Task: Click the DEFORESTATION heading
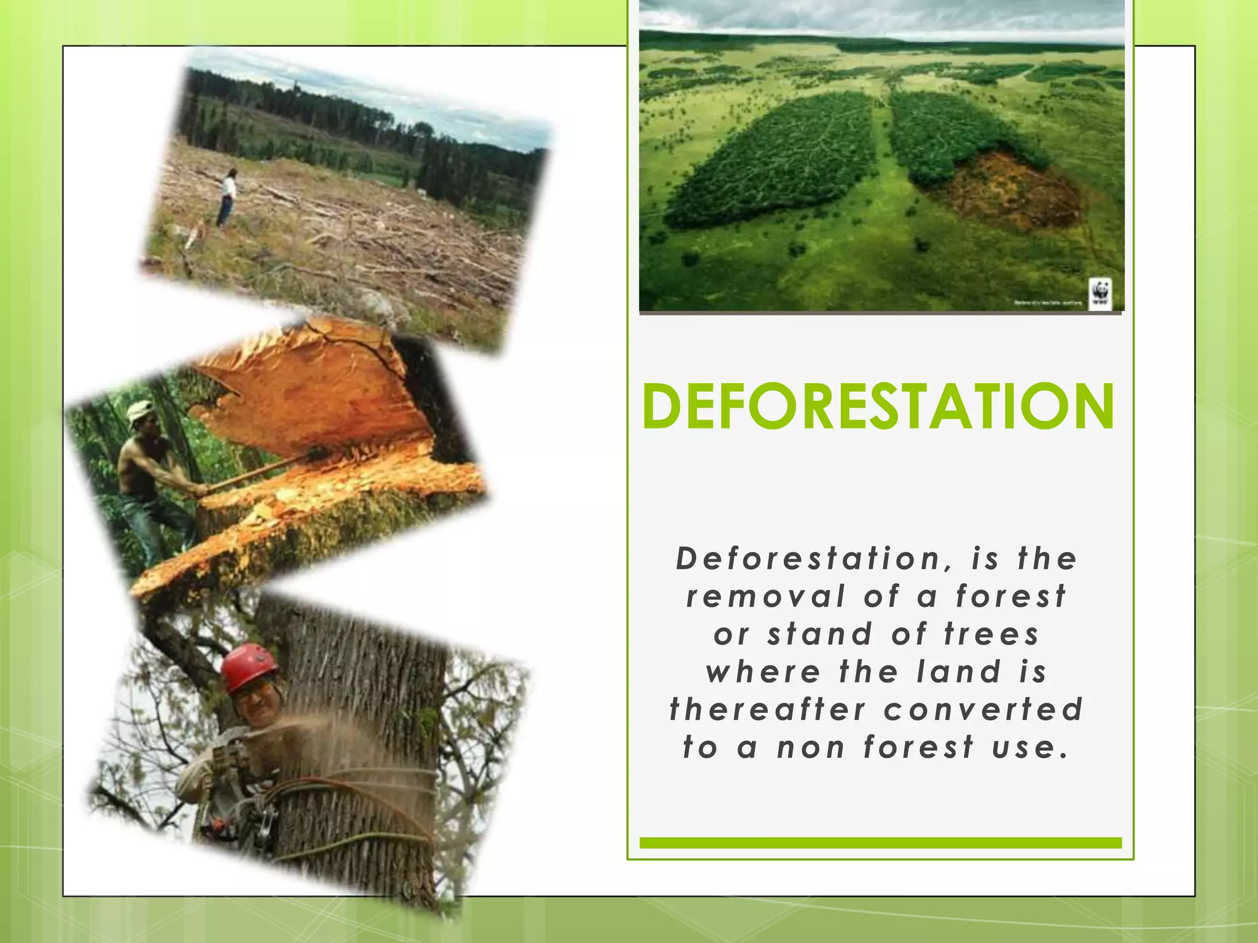pos(878,407)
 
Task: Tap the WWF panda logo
pos(1100,293)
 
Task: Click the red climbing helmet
pos(248,667)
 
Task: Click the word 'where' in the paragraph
pos(763,672)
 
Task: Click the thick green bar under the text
pos(880,842)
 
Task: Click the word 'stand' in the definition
pos(820,635)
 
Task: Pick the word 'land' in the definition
pos(959,672)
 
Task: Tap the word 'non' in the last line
pos(811,748)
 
